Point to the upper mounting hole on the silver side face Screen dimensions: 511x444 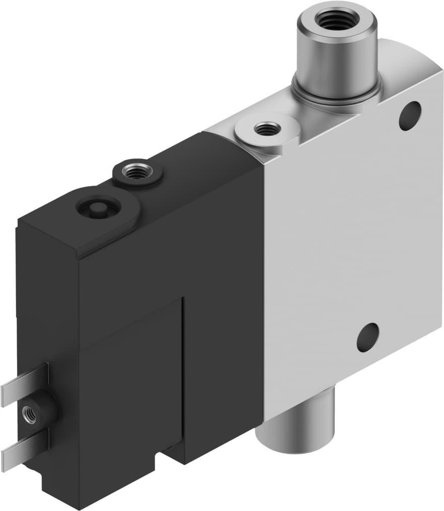point(410,116)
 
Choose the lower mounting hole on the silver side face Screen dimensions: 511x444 point(367,337)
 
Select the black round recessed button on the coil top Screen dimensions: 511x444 point(97,207)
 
